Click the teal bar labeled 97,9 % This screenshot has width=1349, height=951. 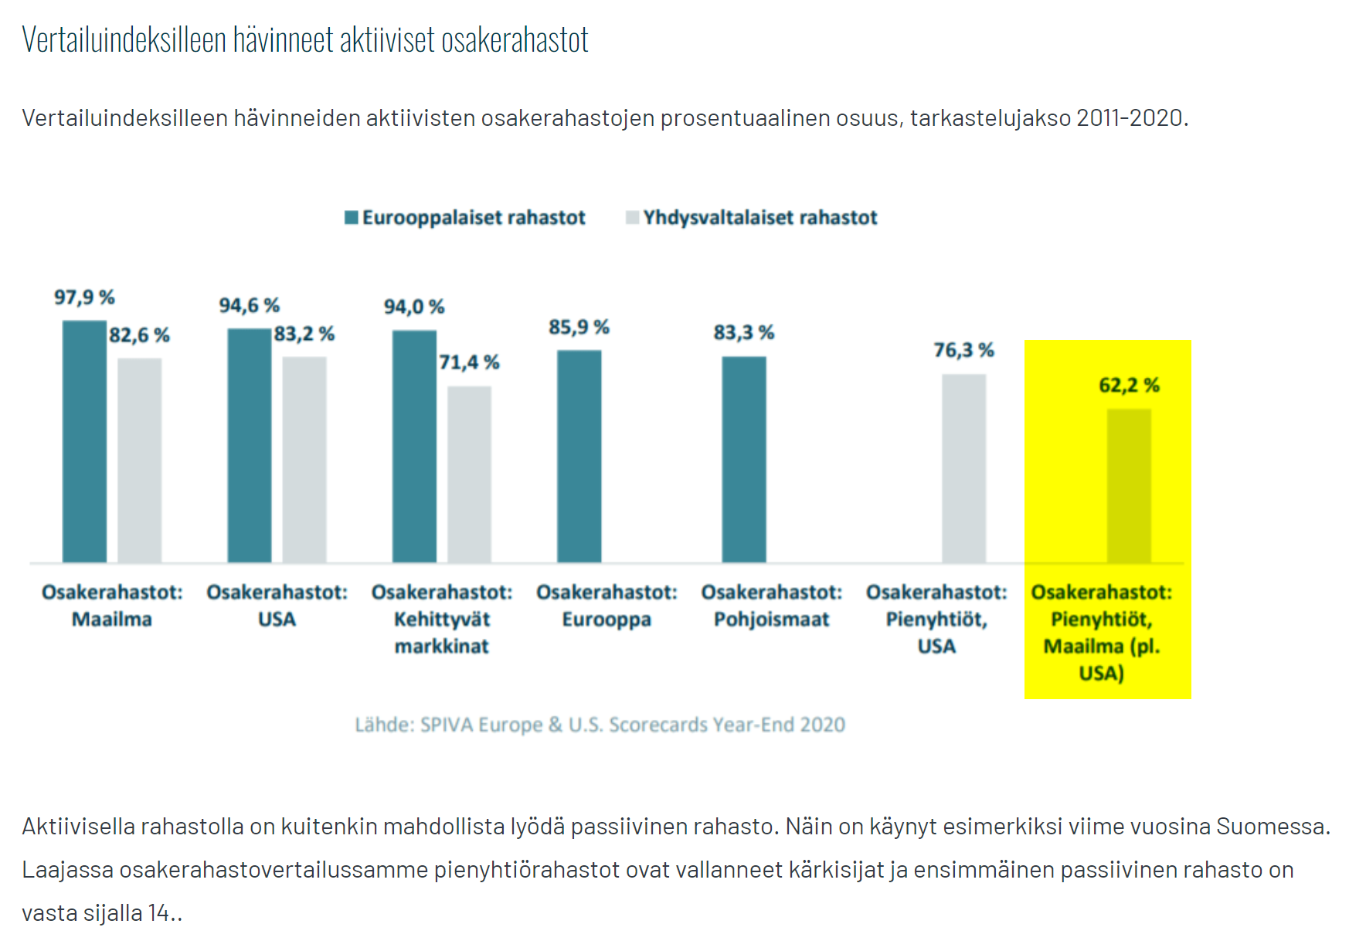pyautogui.click(x=84, y=441)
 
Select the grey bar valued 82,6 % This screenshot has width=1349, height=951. pyautogui.click(x=139, y=460)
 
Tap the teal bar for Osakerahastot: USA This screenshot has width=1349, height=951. pyautogui.click(x=249, y=445)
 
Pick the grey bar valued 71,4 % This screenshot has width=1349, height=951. pyautogui.click(x=469, y=474)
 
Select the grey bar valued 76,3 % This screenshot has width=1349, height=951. pyautogui.click(x=963, y=468)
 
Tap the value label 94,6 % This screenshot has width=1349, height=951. pyautogui.click(x=249, y=306)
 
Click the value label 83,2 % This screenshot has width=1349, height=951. pyautogui.click(x=304, y=334)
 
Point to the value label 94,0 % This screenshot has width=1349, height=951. pyautogui.click(x=414, y=307)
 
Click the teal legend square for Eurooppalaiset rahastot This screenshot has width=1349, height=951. pyautogui.click(x=352, y=218)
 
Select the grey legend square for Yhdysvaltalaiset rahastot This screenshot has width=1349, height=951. pyautogui.click(x=633, y=218)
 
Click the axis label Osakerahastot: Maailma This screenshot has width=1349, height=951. pyautogui.click(x=112, y=606)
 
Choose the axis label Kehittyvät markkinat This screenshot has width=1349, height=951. pyautogui.click(x=442, y=632)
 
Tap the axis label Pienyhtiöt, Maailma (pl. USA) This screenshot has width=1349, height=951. pyautogui.click(x=1102, y=632)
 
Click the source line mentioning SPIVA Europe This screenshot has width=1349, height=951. pyautogui.click(x=600, y=725)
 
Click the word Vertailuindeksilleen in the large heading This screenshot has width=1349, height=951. pyautogui.click(x=124, y=39)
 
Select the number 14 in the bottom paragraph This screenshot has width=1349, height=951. pyautogui.click(x=159, y=913)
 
